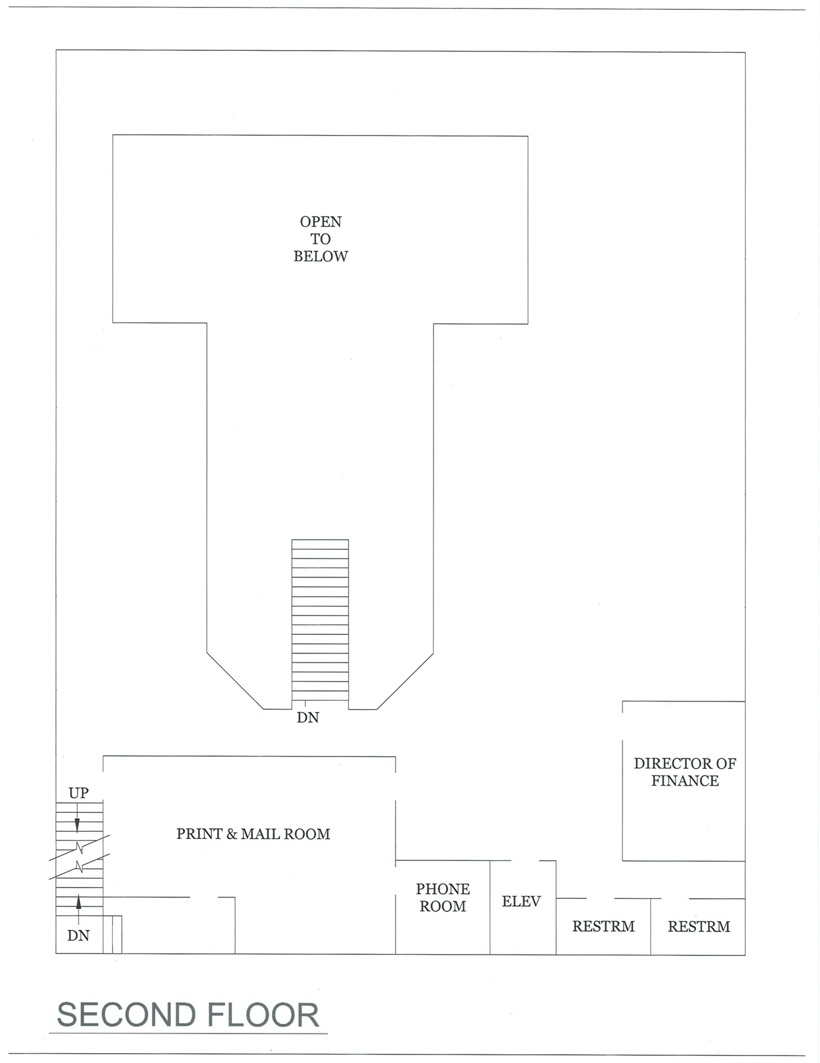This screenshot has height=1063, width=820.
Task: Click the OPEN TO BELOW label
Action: pos(320,239)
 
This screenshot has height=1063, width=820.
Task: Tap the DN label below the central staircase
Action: pos(307,717)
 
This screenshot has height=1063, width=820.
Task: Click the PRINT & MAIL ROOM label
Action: pos(253,834)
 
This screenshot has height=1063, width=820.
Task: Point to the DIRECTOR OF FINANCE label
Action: pos(684,772)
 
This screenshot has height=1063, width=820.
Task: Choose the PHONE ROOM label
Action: pos(442,897)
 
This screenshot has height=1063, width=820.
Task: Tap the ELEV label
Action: pos(521,901)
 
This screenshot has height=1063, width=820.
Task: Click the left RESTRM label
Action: pos(603,926)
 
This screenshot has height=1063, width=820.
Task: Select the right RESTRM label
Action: pos(698,926)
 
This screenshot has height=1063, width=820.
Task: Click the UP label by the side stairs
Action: pos(78,793)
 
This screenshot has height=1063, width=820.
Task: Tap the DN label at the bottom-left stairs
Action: pos(78,935)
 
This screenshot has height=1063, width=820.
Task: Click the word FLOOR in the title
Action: pos(263,1015)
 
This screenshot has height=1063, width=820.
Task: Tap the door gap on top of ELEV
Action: pos(525,861)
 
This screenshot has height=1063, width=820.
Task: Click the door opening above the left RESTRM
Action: pos(600,898)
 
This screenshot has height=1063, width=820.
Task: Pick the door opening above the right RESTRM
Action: pos(675,898)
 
